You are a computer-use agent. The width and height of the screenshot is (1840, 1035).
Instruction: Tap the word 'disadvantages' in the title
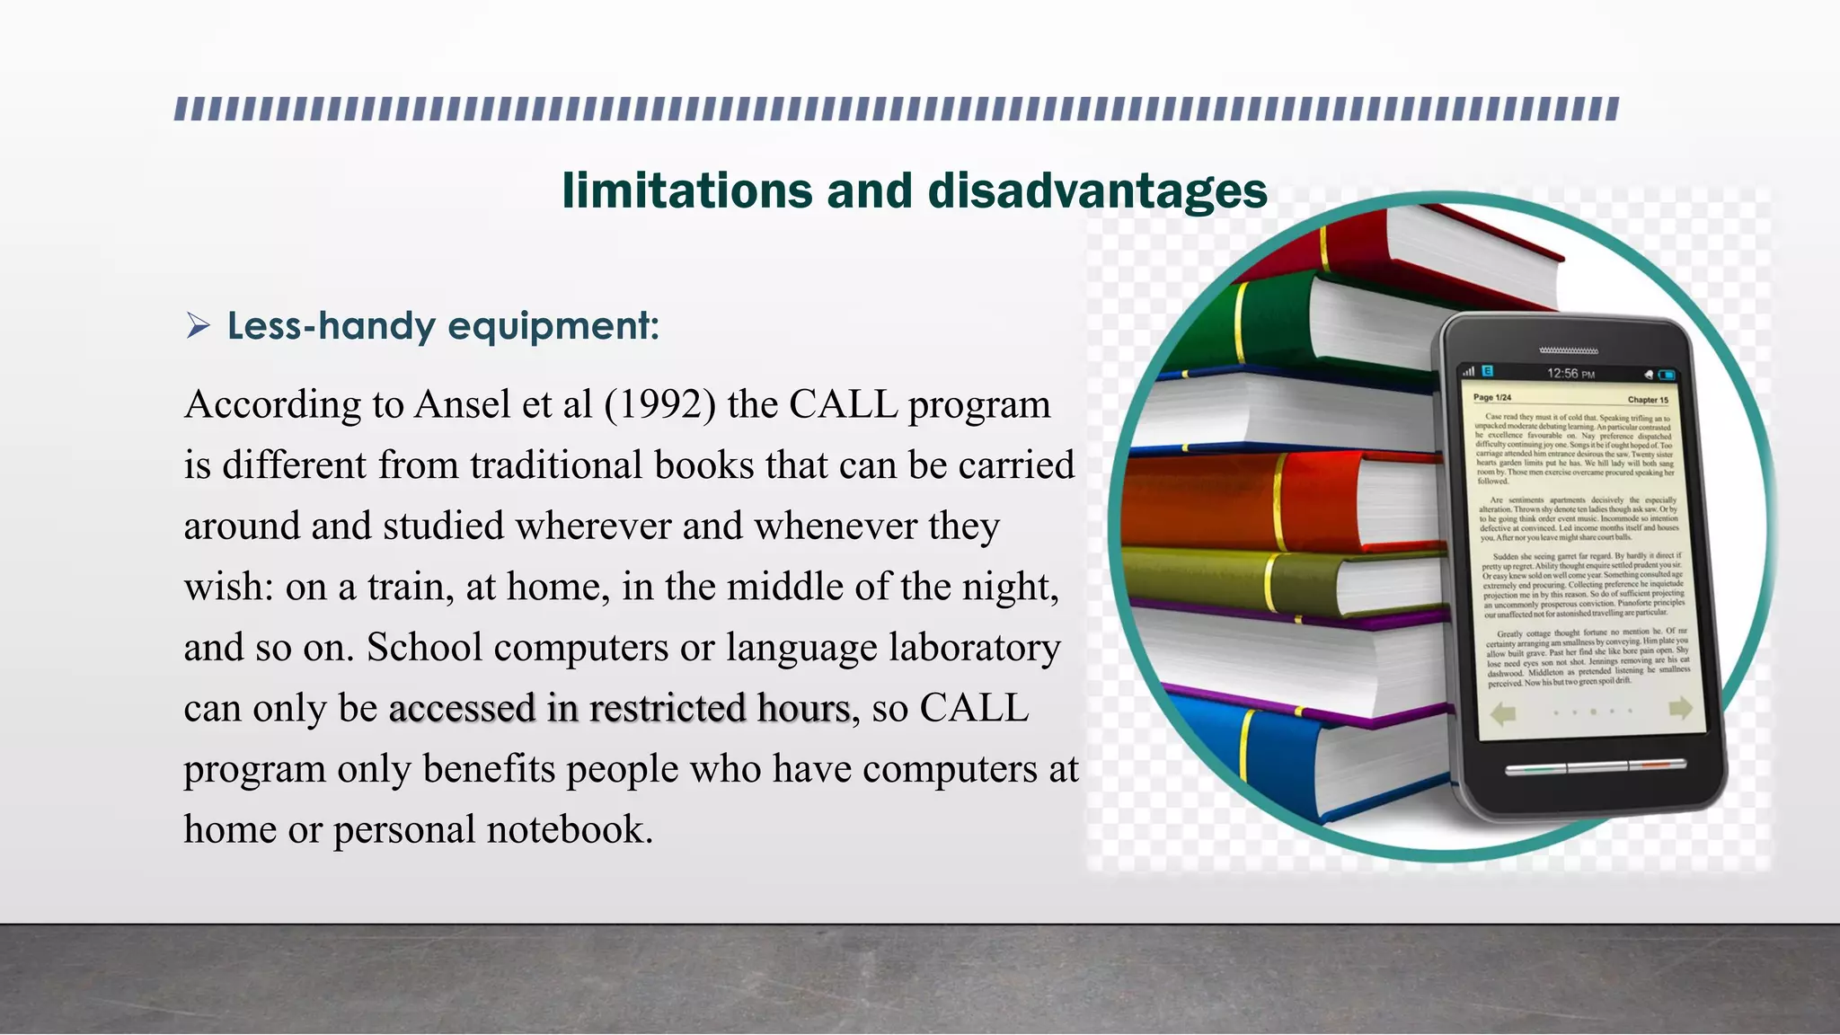1097,191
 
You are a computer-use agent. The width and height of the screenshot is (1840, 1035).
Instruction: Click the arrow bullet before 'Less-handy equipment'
198,325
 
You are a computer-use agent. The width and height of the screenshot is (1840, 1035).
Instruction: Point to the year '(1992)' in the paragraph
659,404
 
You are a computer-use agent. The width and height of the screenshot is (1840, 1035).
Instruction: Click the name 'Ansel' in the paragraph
463,404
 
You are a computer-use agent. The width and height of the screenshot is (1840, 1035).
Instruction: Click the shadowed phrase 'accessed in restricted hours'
619,708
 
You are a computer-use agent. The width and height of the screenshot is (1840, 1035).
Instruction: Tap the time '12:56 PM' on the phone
1570,374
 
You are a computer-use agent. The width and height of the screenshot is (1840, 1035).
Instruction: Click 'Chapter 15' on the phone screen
1648,400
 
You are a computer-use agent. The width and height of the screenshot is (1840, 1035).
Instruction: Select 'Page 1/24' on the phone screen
1492,397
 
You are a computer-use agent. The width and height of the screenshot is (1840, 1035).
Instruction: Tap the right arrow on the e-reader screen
1680,709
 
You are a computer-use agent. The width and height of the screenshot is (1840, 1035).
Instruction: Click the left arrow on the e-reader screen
1503,714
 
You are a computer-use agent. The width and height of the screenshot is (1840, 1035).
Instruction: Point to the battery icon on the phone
1667,375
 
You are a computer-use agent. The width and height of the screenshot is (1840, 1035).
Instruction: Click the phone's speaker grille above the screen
1568,349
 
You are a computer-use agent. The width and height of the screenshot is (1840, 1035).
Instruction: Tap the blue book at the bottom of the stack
1285,755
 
